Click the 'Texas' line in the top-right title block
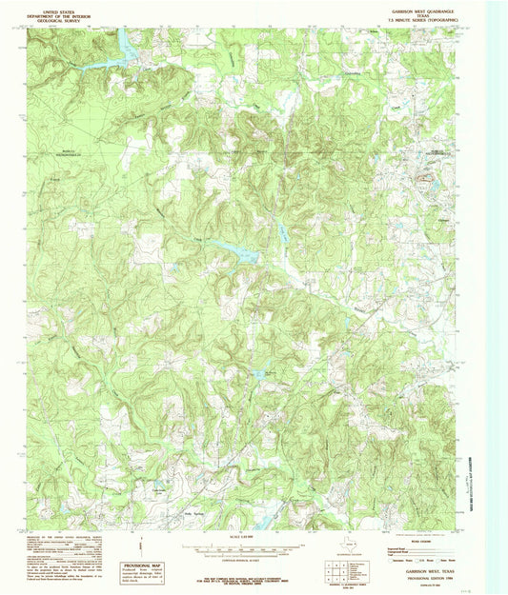pos(423,17)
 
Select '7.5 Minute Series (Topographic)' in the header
pos(423,23)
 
